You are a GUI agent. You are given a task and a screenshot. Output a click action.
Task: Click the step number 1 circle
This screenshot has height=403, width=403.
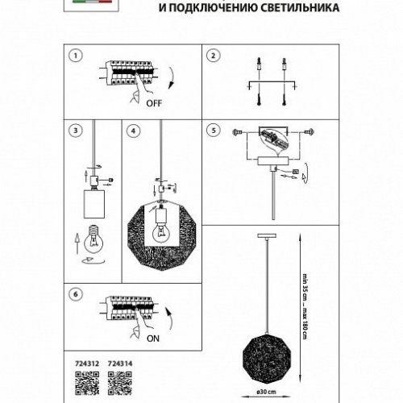pos(75,56)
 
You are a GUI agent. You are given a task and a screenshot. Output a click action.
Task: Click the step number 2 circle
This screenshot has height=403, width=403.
pos(213,56)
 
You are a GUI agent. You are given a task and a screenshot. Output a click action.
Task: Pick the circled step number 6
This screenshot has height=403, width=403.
pos(75,296)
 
